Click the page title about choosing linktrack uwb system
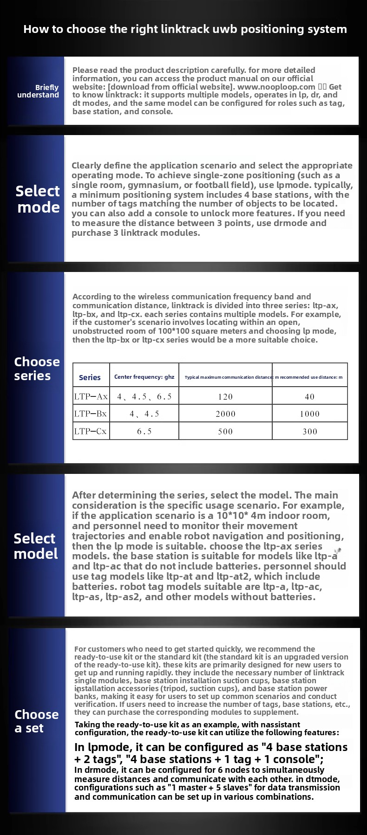[x=185, y=29]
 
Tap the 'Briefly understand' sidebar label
[x=38, y=91]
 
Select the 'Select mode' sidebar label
[x=38, y=199]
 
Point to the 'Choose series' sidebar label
[x=37, y=369]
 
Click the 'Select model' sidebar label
[x=35, y=546]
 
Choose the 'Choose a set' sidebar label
[x=36, y=721]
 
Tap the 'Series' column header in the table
[x=90, y=377]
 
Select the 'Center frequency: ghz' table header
[x=144, y=377]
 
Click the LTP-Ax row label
[x=91, y=396]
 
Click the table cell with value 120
[x=225, y=397]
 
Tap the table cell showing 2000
[x=225, y=414]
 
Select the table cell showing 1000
[x=309, y=414]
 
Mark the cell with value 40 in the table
[x=309, y=397]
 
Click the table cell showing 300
[x=309, y=432]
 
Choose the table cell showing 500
[x=225, y=432]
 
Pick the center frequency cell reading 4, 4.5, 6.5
[x=144, y=397]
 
